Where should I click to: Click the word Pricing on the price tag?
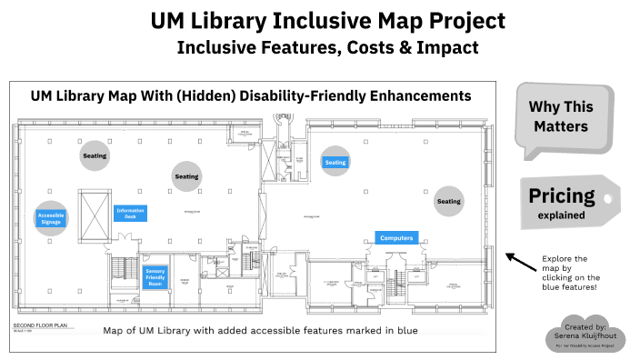[x=562, y=195]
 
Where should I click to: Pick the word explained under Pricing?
[x=562, y=215]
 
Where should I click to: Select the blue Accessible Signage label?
[x=51, y=218]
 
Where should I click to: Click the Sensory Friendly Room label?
[x=155, y=276]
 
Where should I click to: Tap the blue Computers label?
[x=396, y=238]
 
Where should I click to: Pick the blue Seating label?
[x=336, y=163]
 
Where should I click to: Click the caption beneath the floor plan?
[x=261, y=331]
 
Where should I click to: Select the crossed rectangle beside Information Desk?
[x=94, y=214]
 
